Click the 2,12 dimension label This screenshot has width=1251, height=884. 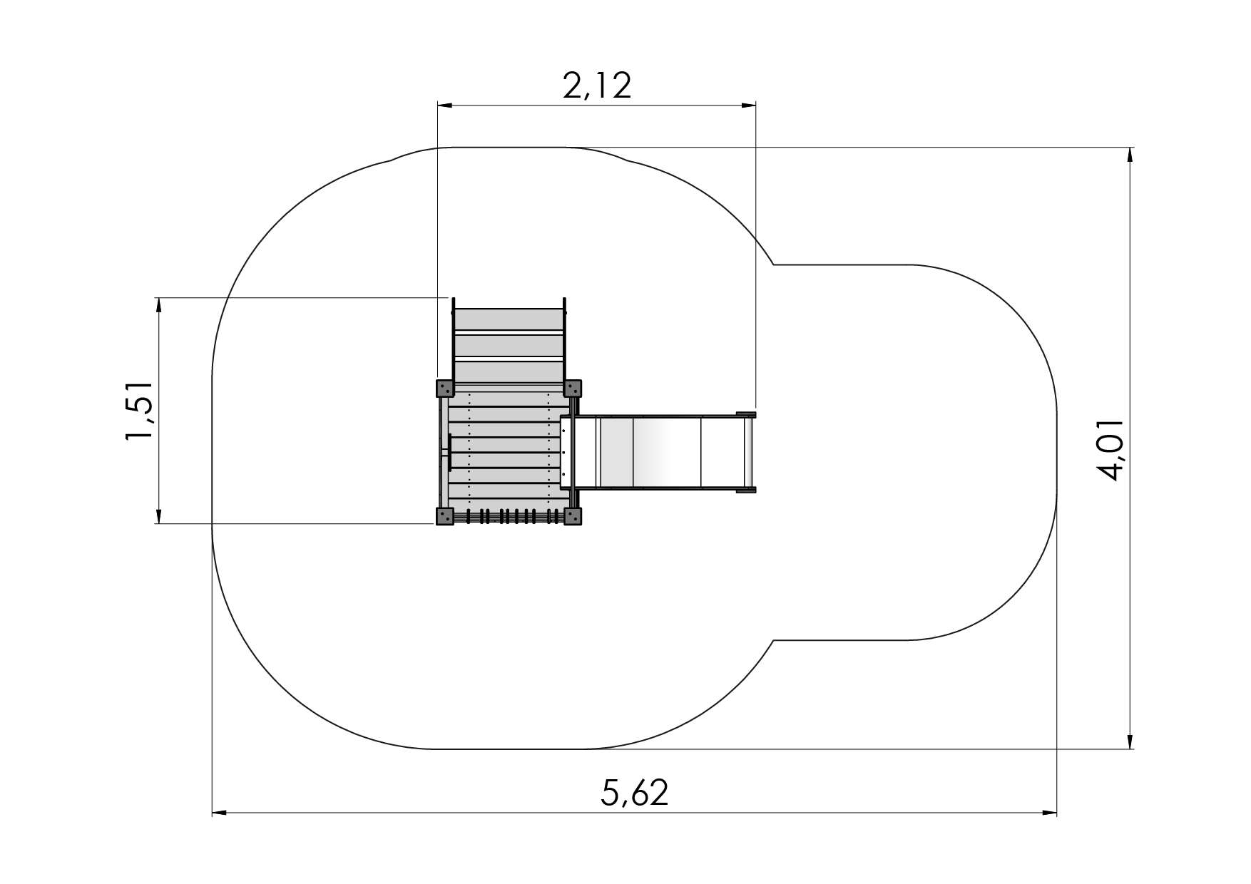pyautogui.click(x=597, y=86)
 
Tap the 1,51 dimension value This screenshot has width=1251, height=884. pyautogui.click(x=139, y=411)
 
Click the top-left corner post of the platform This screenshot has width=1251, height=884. pyautogui.click(x=444, y=389)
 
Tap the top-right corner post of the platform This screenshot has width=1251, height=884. pyautogui.click(x=573, y=389)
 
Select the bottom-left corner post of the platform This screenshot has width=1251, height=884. pyautogui.click(x=444, y=517)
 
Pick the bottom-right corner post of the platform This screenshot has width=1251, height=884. pyautogui.click(x=573, y=517)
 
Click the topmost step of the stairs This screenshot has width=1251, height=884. pyautogui.click(x=509, y=319)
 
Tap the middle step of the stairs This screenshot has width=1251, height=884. pyautogui.click(x=509, y=345)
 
